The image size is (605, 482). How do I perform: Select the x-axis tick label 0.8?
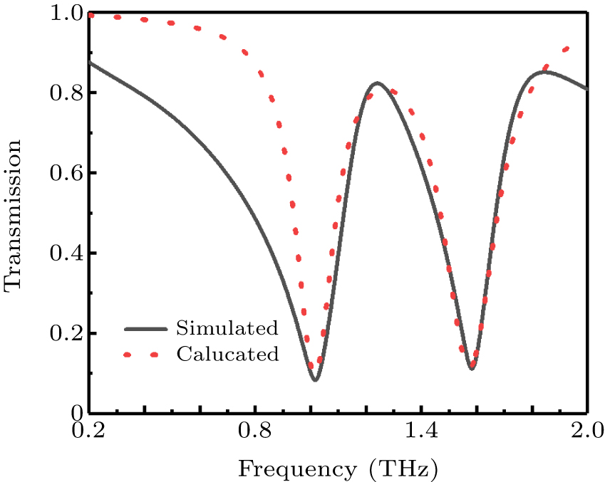254,432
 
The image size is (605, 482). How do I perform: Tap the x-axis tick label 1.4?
420,432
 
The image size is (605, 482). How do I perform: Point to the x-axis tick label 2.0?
586,432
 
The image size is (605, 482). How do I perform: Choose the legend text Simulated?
227,328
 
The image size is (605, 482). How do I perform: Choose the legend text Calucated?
227,354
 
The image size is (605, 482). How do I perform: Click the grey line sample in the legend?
145,329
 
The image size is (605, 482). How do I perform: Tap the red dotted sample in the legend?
145,354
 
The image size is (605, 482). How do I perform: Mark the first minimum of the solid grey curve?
315,380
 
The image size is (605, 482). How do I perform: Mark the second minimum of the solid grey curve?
472,368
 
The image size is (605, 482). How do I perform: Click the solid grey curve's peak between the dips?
377,83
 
